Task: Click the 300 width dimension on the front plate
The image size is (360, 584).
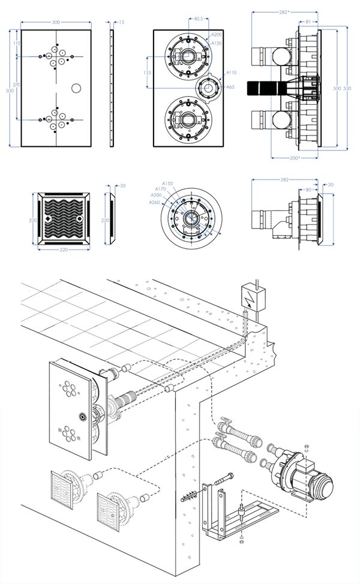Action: click(x=56, y=22)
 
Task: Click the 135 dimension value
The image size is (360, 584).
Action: click(x=148, y=71)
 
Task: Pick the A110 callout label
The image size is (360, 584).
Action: click(x=231, y=73)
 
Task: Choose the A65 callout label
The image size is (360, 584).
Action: click(x=230, y=88)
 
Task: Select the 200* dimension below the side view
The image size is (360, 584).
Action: click(x=293, y=158)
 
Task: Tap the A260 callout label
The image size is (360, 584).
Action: click(x=155, y=202)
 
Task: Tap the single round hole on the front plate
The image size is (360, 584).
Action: click(x=76, y=88)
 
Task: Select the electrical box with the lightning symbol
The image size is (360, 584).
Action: click(x=252, y=295)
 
